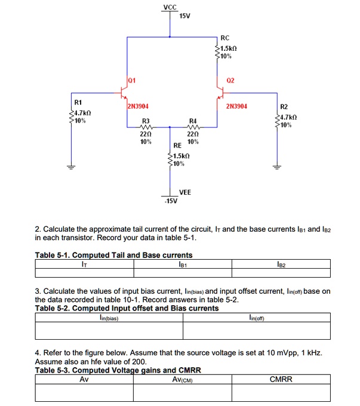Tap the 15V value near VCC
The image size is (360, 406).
tap(184, 16)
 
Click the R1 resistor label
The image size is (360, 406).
tap(78, 103)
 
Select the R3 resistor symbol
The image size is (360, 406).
tap(146, 127)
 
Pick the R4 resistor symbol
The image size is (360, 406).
tap(193, 127)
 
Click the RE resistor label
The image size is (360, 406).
tap(177, 146)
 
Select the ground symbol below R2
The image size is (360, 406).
tap(276, 168)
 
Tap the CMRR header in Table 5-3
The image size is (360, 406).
tap(281, 379)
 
